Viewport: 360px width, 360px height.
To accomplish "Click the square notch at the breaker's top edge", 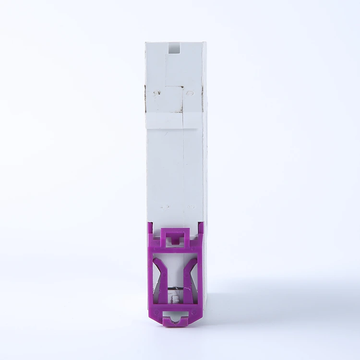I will (x=174, y=48).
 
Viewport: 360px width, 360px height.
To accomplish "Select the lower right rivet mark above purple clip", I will (x=188, y=207).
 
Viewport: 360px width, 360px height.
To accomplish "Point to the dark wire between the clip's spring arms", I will (x=176, y=289).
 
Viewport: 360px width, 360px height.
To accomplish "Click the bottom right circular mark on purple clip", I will (x=195, y=311).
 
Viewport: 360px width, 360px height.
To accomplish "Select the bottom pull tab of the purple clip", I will (x=176, y=321).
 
